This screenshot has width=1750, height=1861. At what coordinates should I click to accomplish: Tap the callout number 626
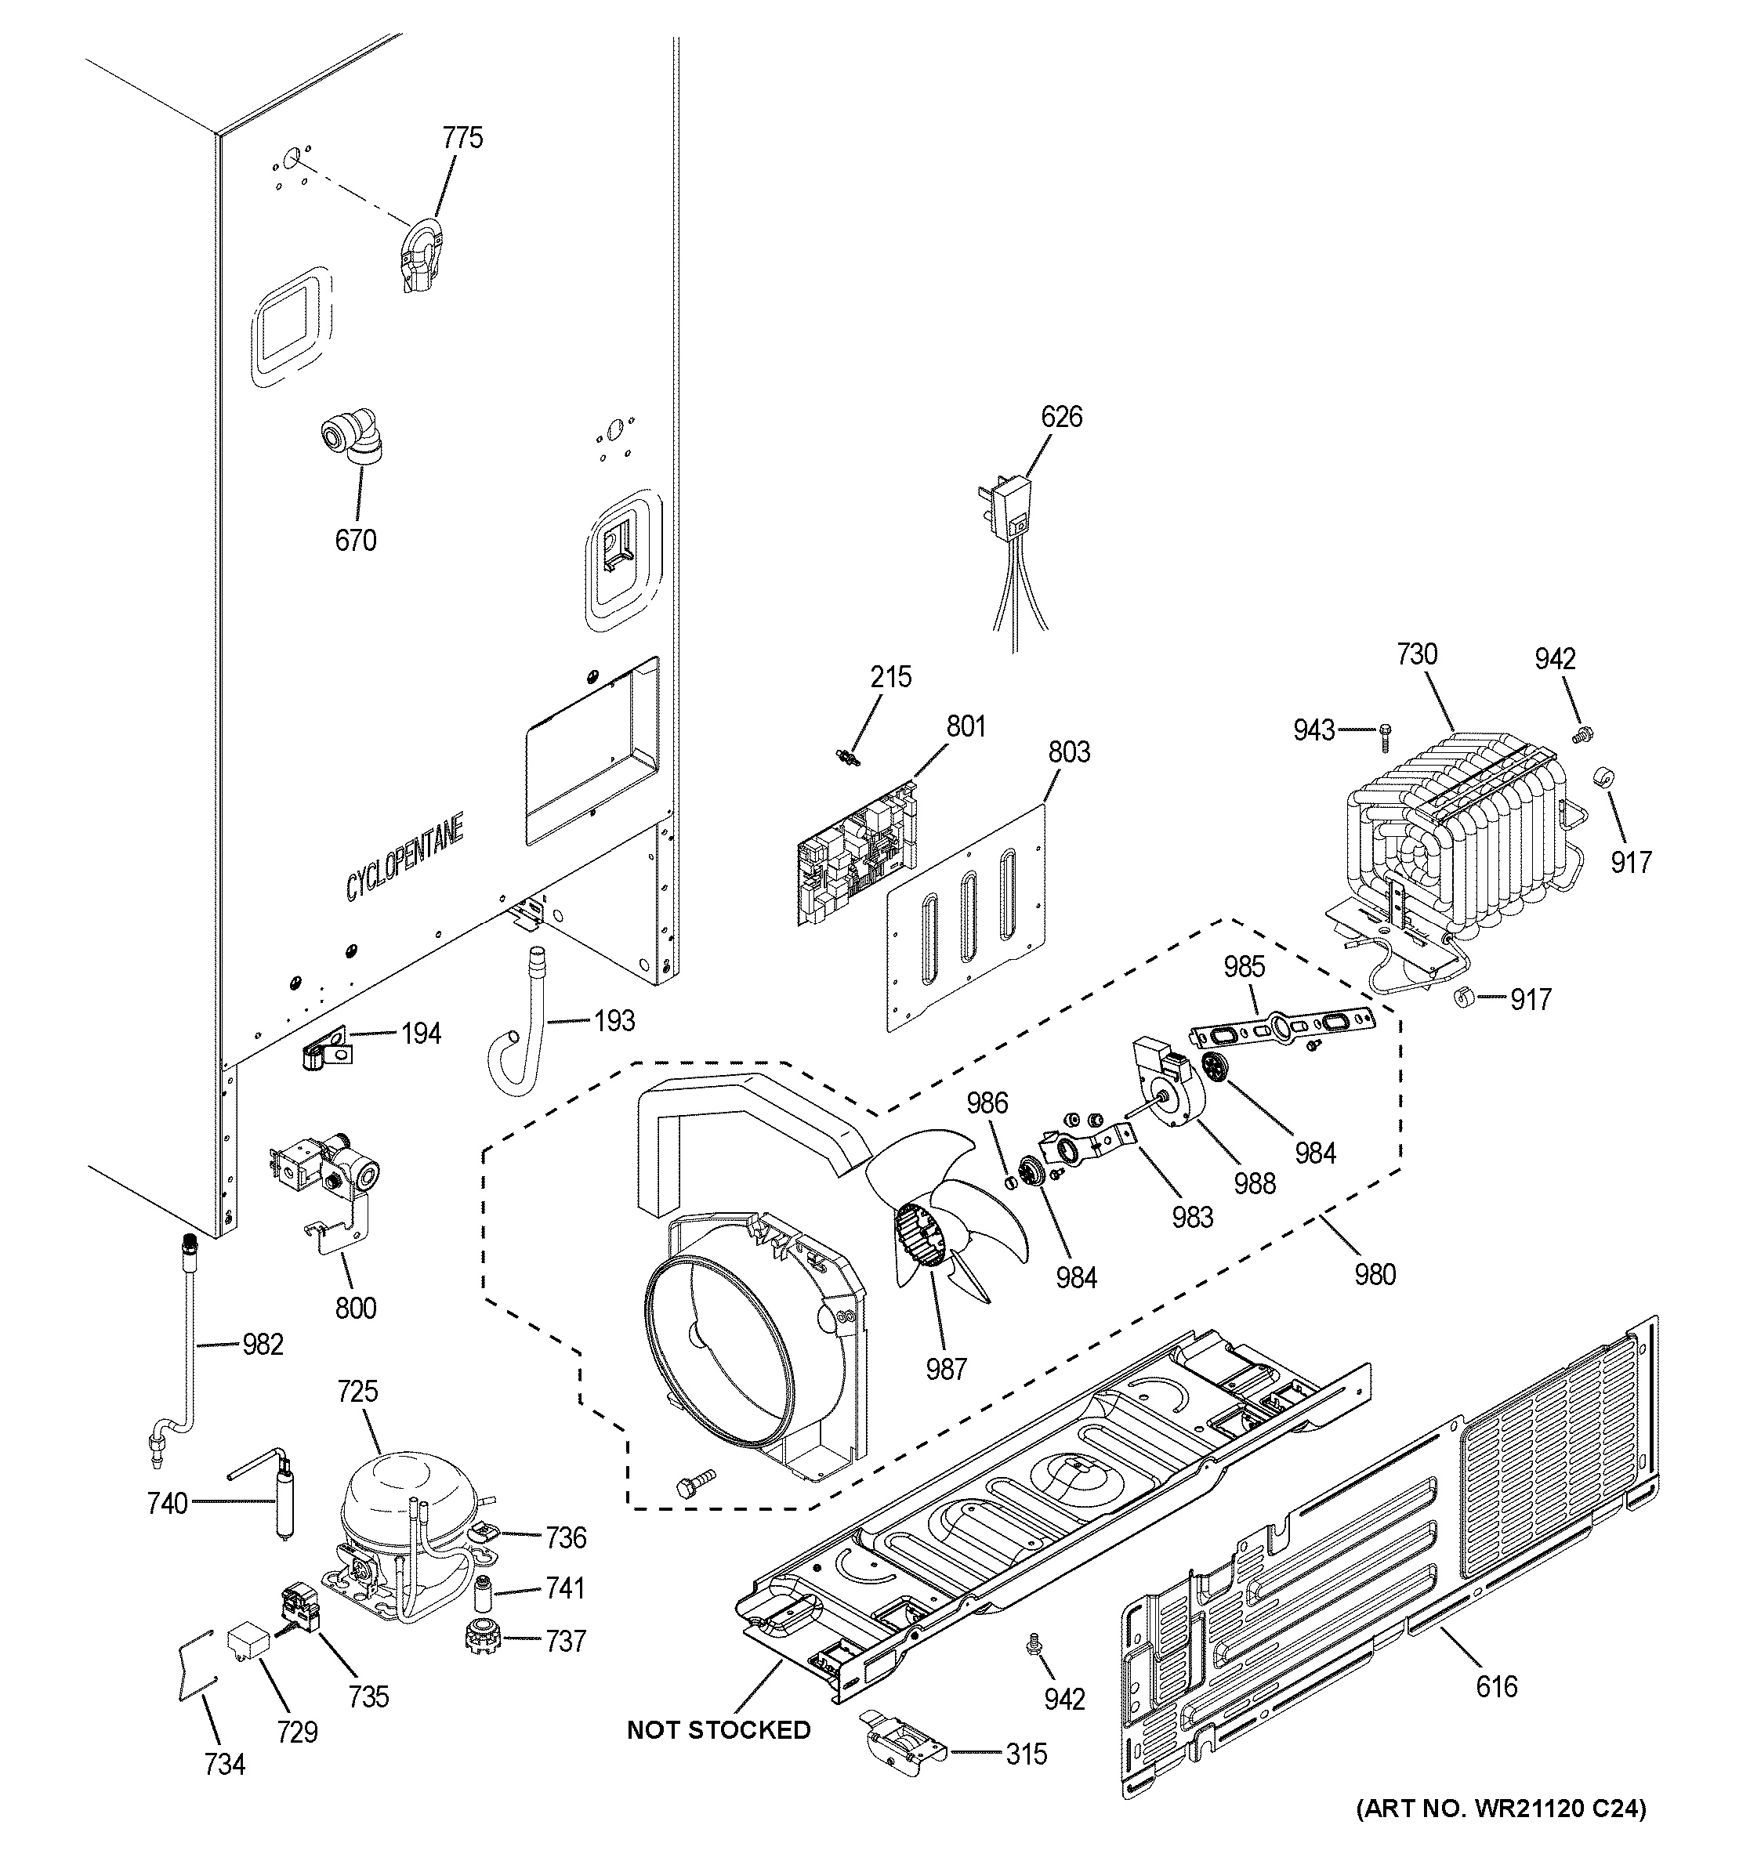coord(1061,417)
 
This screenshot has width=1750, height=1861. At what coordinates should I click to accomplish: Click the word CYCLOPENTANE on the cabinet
coord(404,859)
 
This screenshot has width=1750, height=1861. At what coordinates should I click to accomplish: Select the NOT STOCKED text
coord(718,1730)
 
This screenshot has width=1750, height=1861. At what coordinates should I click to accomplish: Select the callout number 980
coord(1374,1274)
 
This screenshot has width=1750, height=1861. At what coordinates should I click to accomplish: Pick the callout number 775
coord(462,139)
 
